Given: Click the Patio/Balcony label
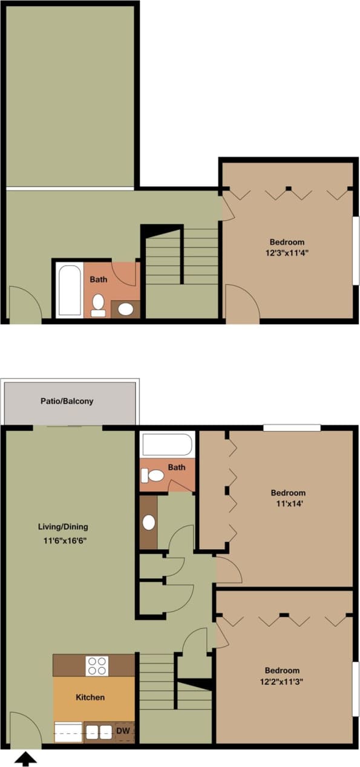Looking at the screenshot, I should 67,400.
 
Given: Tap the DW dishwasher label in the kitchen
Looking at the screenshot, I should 123,731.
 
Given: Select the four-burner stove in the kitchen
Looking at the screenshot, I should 97,665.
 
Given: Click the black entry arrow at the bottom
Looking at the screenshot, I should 25,758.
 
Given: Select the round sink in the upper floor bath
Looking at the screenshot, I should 126,310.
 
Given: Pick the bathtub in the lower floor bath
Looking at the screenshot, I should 166,445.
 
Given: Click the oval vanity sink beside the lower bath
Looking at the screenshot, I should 148,522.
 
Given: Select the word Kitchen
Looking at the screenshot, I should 90,697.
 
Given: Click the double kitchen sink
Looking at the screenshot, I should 99,731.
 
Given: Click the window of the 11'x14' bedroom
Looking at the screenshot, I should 292,428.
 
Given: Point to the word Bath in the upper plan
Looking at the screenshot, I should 99,279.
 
